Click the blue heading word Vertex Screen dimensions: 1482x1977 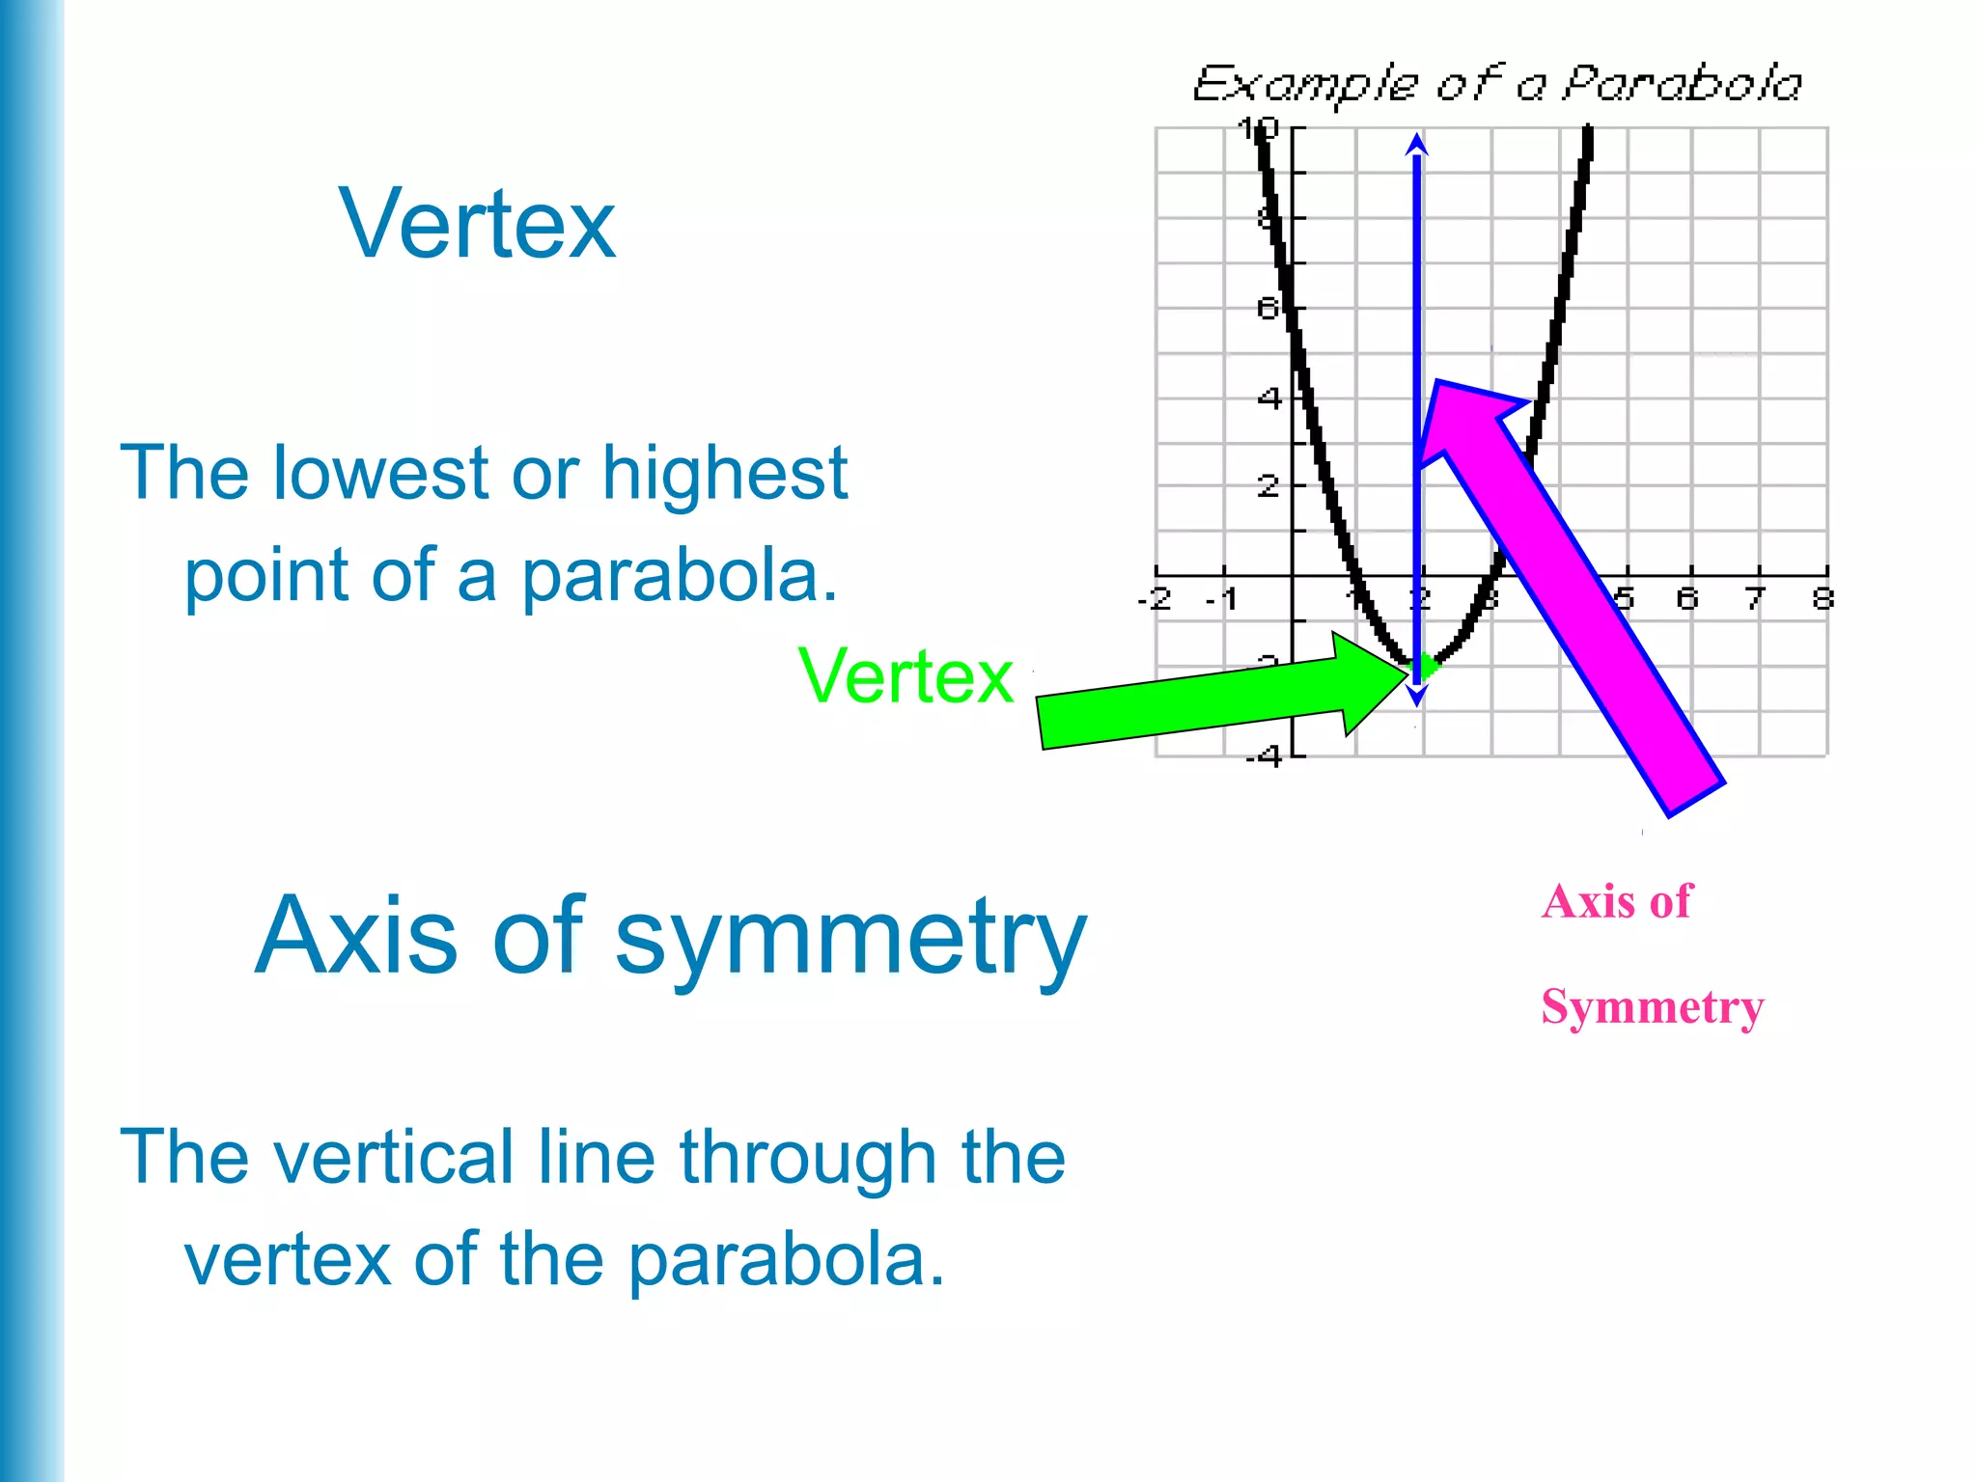[477, 225]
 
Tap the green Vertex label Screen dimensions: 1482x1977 [905, 676]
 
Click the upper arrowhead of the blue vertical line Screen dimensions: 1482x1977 [1416, 145]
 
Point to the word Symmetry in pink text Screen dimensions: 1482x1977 [1652, 1007]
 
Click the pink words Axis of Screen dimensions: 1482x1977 [1617, 902]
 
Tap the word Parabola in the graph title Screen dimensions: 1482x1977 [1682, 84]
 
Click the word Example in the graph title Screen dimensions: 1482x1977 [1305, 85]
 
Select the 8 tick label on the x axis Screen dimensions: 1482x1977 [1823, 599]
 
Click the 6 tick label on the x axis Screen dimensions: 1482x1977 [1686, 599]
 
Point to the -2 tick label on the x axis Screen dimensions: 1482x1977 [1155, 599]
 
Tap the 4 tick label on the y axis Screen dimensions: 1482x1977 [1269, 398]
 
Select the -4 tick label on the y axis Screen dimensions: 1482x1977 [1264, 756]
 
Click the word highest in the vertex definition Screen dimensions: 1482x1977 [724, 474]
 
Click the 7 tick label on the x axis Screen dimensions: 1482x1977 [1755, 599]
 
